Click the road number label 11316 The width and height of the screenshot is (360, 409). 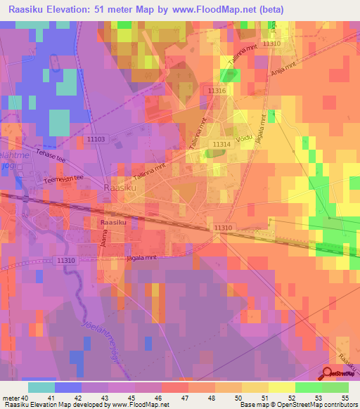(217, 91)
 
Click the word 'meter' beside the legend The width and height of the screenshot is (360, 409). (11, 397)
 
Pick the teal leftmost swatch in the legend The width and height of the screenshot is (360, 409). (41, 387)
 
